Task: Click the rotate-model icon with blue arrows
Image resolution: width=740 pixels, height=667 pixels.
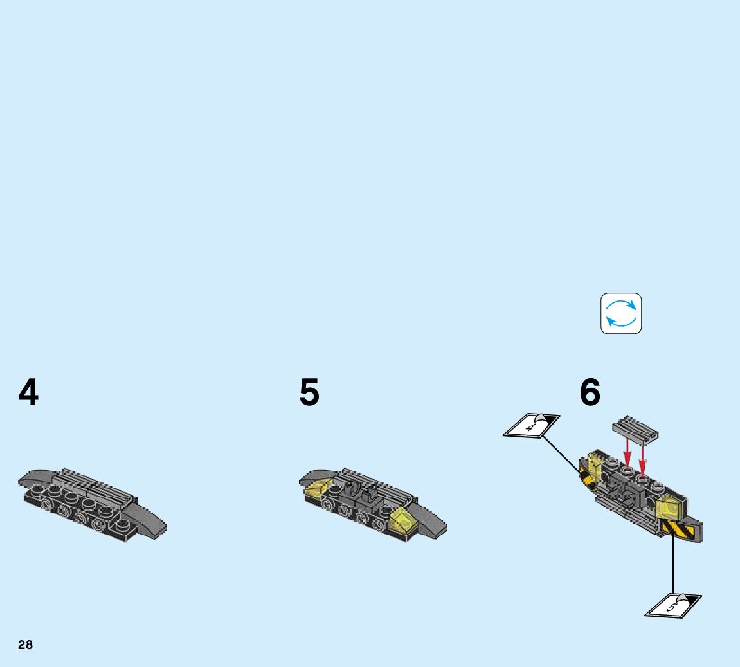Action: (x=621, y=313)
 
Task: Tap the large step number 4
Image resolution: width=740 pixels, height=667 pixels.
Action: (x=28, y=392)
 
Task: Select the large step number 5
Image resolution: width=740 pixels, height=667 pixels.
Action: (x=309, y=392)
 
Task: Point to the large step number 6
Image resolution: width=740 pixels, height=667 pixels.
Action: (x=590, y=392)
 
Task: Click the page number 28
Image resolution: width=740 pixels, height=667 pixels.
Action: (x=25, y=645)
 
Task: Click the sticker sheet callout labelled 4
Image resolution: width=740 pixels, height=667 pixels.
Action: (x=531, y=426)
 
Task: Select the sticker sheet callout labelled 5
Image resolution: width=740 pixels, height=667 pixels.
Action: (x=672, y=606)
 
